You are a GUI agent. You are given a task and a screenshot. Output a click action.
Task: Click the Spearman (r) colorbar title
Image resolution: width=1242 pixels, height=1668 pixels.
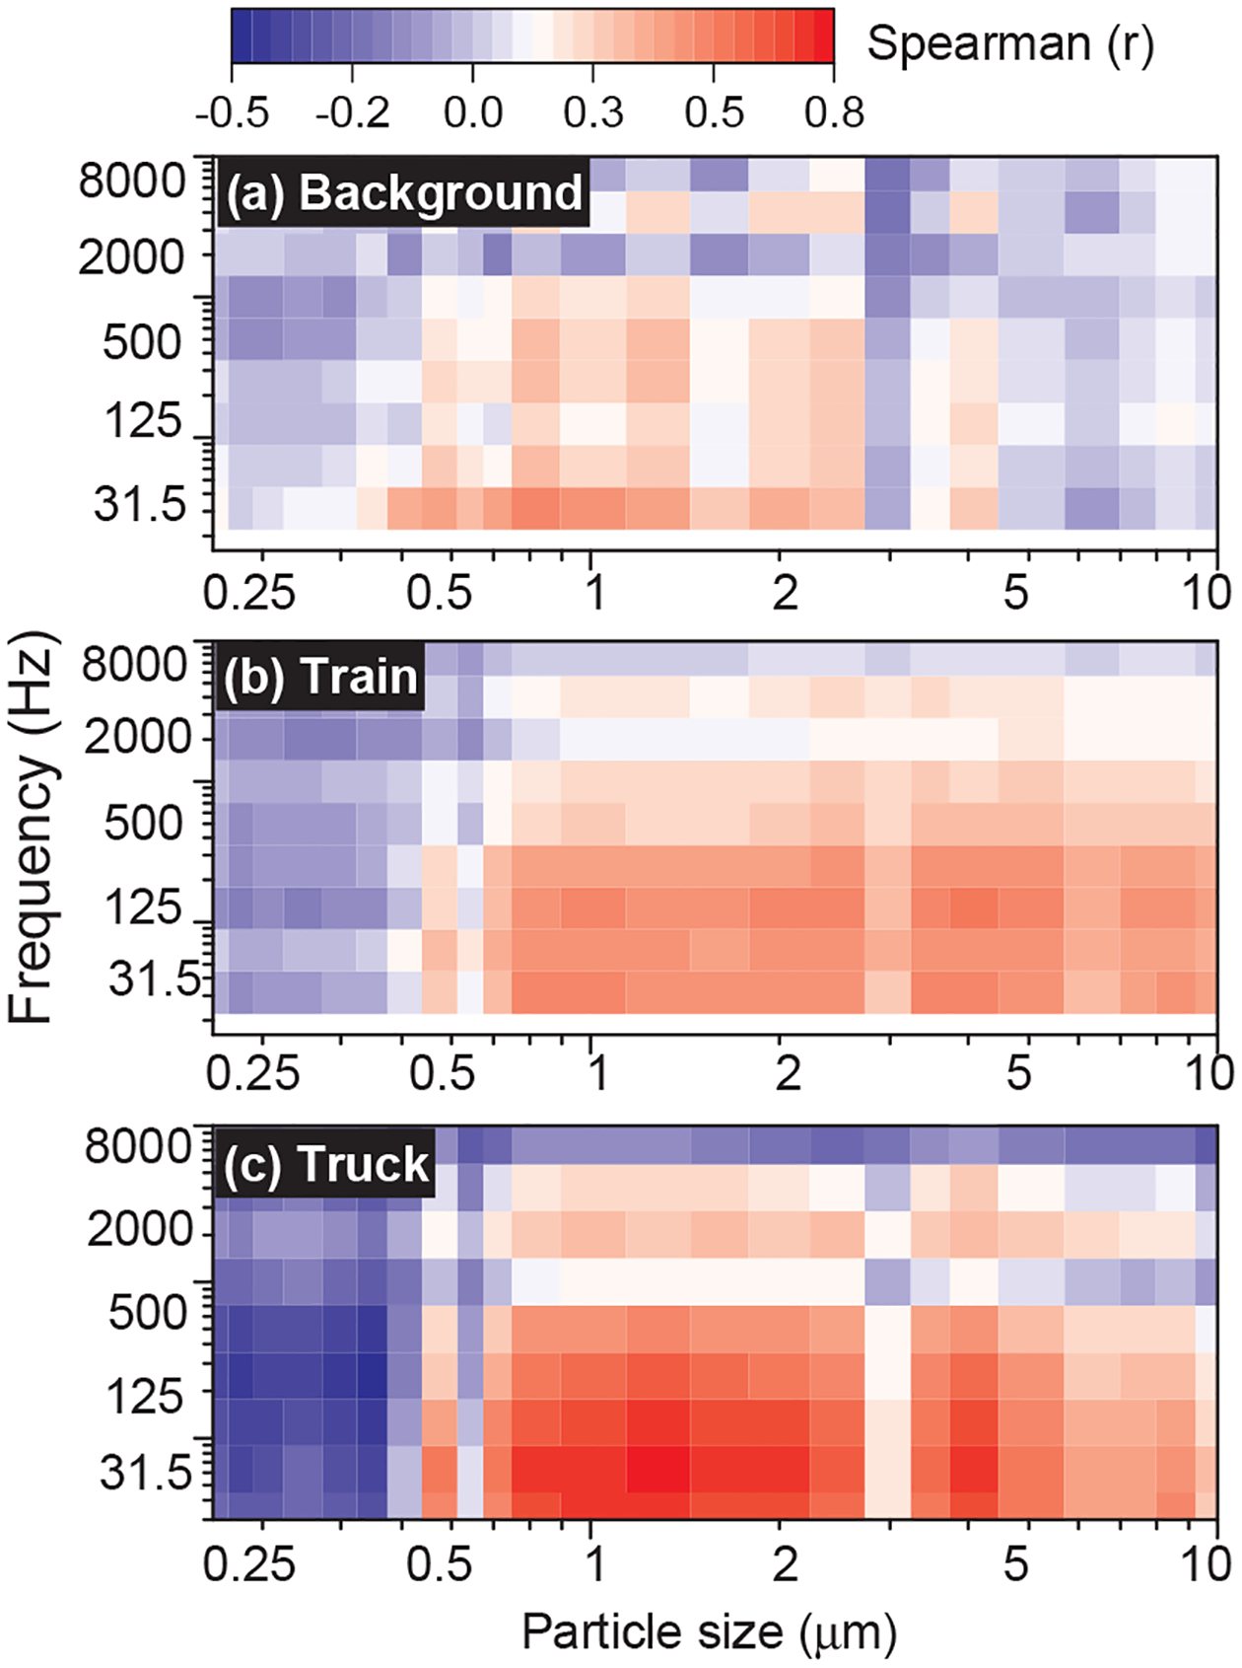pos(1009,44)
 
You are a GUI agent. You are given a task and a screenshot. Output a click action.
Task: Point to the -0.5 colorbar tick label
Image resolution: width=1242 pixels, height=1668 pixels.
pos(232,112)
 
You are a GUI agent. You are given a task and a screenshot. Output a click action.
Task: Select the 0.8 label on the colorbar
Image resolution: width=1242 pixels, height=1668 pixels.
pos(834,112)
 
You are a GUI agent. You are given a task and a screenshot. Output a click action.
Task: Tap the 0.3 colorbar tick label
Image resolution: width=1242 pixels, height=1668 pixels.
pos(593,112)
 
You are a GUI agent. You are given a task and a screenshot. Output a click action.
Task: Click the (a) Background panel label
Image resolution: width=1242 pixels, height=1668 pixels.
pos(403,192)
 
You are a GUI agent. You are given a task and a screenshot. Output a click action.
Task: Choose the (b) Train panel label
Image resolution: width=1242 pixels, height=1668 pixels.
pos(320,678)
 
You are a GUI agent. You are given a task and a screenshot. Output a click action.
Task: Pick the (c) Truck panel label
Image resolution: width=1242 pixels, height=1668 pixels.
pos(325,1164)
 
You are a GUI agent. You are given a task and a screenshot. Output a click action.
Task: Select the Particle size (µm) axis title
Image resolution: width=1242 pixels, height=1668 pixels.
pos(709,1632)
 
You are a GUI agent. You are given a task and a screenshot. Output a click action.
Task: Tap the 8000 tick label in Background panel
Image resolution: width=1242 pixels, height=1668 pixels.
pos(132,181)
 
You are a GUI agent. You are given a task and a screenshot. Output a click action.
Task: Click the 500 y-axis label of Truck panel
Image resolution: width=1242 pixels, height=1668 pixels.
pos(147,1313)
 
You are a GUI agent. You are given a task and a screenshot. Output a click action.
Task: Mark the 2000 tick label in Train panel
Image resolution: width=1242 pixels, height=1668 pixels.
pos(136,737)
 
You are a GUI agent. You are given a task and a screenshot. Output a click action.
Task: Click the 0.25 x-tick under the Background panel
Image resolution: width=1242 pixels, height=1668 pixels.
pos(248,593)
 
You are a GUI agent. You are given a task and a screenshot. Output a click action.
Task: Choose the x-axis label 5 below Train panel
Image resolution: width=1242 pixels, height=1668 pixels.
pos(1018,1073)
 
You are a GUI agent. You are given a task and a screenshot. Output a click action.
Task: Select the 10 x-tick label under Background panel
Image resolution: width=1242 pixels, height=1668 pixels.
pos(1207,593)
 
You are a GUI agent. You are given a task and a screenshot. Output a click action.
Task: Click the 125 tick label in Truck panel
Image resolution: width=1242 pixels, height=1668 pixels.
pos(145,1397)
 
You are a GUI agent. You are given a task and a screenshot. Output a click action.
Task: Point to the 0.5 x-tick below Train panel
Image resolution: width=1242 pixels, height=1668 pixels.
pos(443,1073)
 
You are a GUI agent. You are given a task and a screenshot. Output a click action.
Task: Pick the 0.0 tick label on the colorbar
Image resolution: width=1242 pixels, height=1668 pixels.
pos(473,112)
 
